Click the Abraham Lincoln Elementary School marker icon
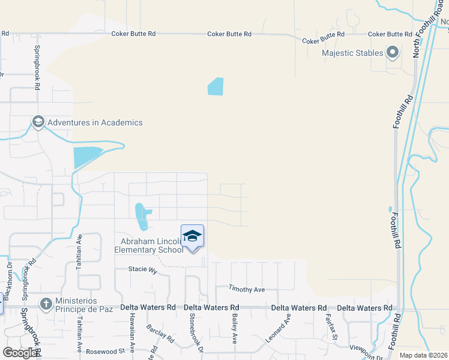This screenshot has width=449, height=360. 192,235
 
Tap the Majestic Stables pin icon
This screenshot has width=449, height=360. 393,53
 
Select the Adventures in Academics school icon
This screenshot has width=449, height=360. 38,122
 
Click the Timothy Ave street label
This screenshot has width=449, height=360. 247,290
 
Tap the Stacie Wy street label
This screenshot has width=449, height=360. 143,270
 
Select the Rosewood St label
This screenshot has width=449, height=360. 105,352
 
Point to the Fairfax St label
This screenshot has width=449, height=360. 328,326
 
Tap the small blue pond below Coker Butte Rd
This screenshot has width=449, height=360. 215,86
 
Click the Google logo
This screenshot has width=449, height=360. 20,353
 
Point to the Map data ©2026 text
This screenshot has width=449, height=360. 423,355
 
